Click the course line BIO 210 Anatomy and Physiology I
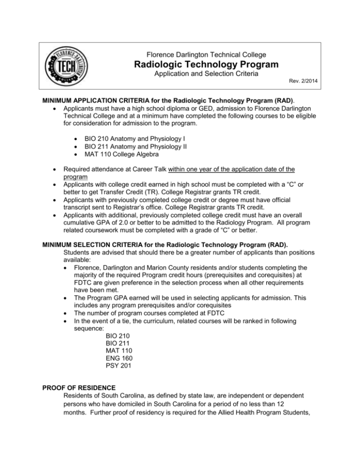pos(139,139)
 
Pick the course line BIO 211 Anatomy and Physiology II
pos(140,148)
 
